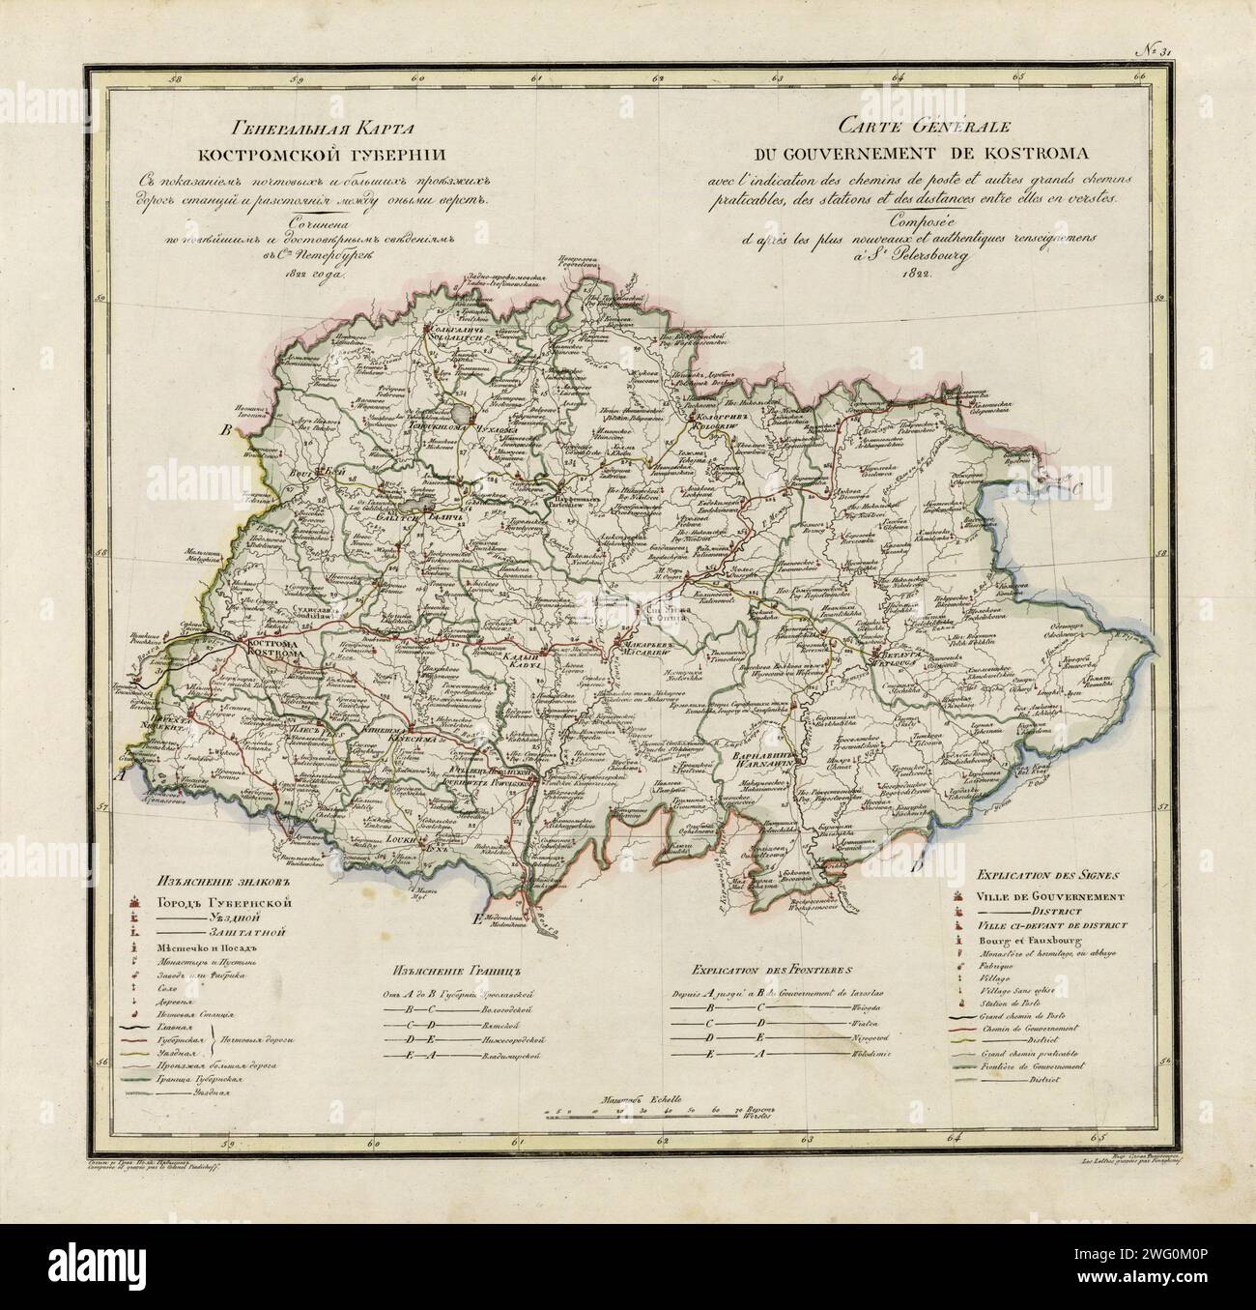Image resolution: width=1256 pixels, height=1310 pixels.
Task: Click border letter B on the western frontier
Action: point(228,430)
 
